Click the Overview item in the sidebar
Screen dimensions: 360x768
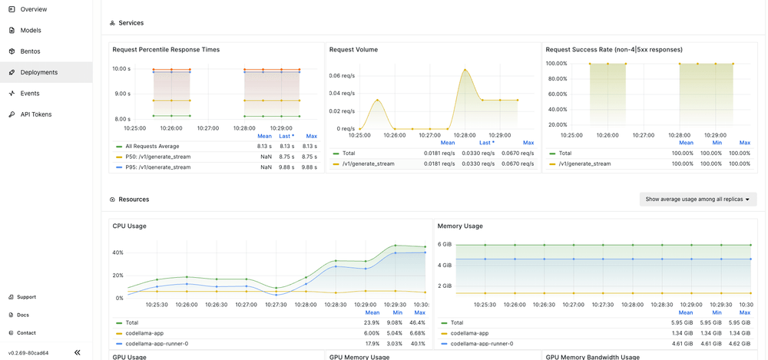point(33,9)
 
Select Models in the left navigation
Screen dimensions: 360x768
point(31,30)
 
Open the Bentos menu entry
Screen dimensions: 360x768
point(30,51)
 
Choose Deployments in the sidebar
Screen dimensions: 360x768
point(38,72)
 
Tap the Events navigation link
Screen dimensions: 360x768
point(30,94)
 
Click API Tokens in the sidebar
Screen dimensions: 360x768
point(36,114)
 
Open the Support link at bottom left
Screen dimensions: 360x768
point(26,297)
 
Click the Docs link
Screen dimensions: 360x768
point(23,315)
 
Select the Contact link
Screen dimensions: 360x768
point(26,333)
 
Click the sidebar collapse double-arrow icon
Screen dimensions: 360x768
point(77,353)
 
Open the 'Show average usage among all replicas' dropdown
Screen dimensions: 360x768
point(697,200)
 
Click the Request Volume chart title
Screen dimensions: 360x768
point(353,50)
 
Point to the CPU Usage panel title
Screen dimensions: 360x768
point(129,226)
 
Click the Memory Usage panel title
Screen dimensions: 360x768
point(461,226)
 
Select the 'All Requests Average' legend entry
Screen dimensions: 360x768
point(152,146)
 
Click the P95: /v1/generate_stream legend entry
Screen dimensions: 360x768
point(157,167)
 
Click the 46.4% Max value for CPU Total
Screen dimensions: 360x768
point(419,323)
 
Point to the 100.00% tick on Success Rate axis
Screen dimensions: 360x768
point(556,64)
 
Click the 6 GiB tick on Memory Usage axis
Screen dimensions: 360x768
point(445,244)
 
